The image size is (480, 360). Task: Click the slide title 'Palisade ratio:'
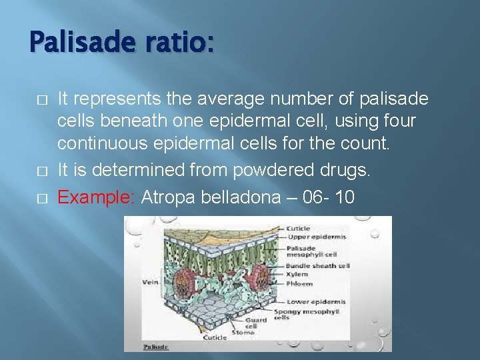point(122,43)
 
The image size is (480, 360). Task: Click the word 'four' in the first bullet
point(398,121)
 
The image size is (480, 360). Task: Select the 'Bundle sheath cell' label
point(318,265)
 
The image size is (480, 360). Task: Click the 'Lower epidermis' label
point(316,301)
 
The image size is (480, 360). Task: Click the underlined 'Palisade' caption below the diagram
point(157,347)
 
